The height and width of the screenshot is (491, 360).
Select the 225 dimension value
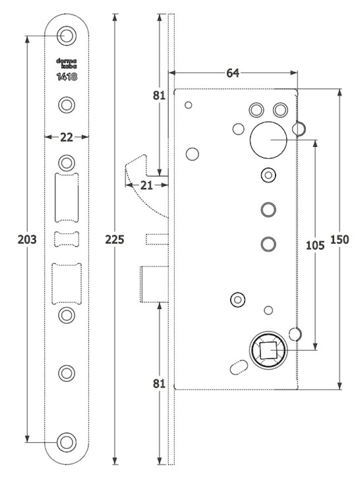coord(115,240)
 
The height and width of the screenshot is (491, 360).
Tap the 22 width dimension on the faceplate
coord(67,137)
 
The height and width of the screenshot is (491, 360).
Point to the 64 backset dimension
coord(232,73)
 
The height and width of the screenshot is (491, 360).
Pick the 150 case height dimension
coord(340,240)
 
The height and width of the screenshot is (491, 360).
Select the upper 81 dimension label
coord(158,96)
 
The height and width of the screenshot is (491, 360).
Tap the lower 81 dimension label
coord(158,383)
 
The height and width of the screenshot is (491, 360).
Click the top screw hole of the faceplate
coord(66,35)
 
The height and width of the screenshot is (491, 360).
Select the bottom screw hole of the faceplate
coord(66,441)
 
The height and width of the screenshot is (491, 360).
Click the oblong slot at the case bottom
coord(237,368)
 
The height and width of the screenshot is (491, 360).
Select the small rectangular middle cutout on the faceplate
coord(66,239)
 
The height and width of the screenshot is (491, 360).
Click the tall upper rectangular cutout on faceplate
coord(67,197)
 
